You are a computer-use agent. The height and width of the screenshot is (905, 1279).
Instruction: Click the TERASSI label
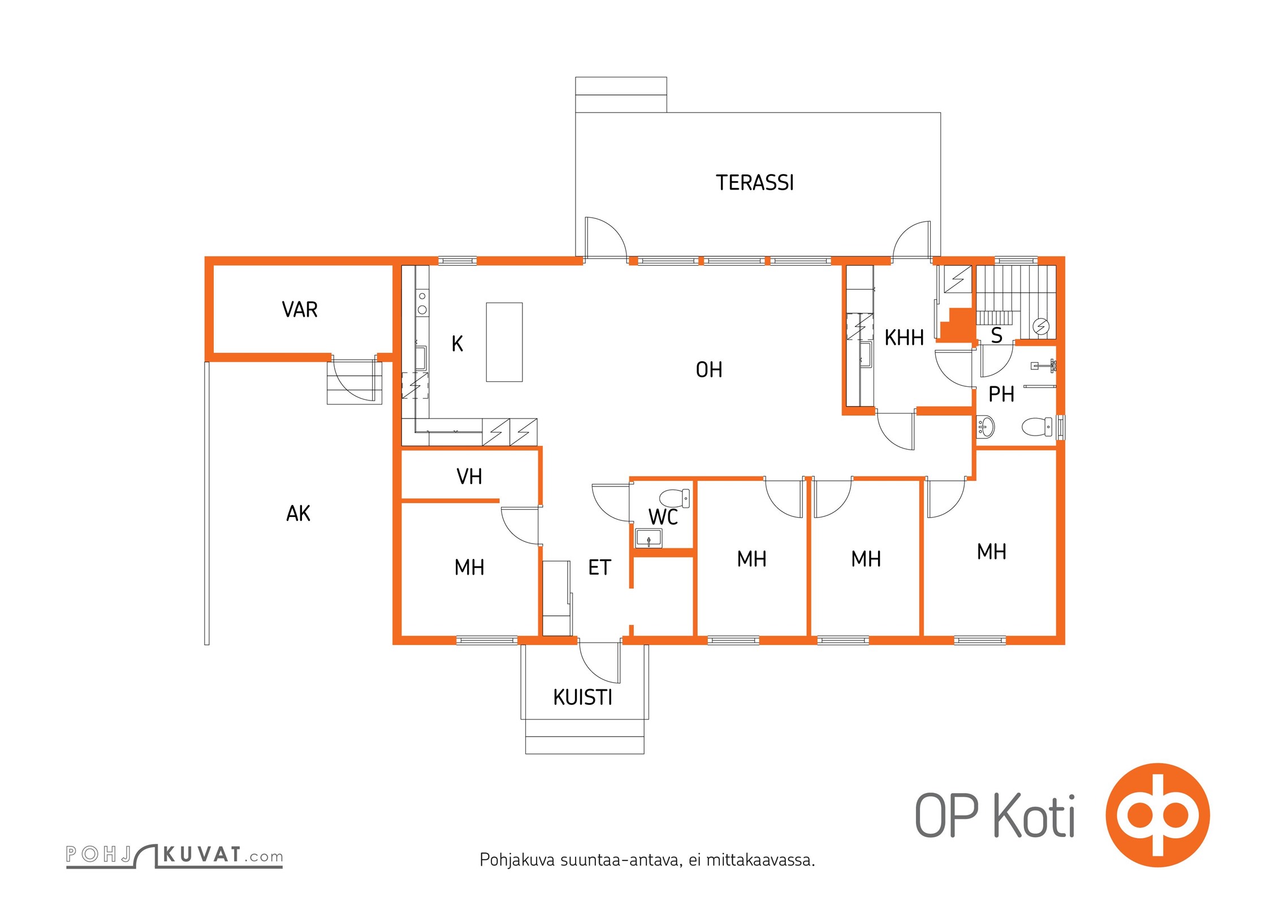click(x=755, y=183)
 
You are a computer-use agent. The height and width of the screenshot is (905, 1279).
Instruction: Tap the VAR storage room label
click(x=300, y=309)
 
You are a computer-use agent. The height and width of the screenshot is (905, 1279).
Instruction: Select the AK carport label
click(x=298, y=513)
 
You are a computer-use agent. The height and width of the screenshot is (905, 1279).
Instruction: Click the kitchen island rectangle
click(x=504, y=342)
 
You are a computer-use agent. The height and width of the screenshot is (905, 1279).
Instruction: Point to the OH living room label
click(x=709, y=369)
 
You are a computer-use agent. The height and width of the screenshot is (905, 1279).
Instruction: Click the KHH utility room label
click(x=904, y=338)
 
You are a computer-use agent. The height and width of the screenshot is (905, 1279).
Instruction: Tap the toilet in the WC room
click(x=675, y=498)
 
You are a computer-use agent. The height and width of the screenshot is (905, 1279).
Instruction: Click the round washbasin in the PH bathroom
click(x=986, y=426)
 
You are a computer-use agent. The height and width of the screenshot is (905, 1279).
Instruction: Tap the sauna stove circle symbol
click(x=1041, y=326)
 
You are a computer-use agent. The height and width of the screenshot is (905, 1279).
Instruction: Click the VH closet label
click(x=469, y=476)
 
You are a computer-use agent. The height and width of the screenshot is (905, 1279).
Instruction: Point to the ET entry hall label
click(x=599, y=567)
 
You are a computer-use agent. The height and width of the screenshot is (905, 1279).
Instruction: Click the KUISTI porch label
click(x=583, y=697)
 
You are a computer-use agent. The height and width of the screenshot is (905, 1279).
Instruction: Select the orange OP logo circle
click(x=1157, y=815)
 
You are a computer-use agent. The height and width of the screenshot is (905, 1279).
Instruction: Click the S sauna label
click(x=997, y=335)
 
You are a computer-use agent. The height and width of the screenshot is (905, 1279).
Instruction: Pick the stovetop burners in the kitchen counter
click(x=422, y=303)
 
